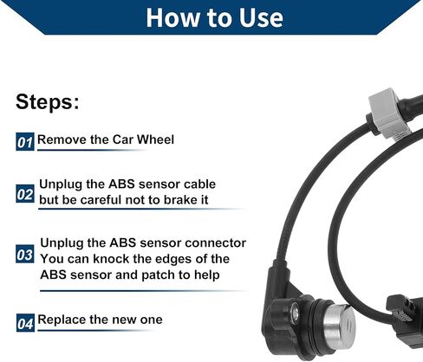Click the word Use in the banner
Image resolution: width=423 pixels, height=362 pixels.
point(261,18)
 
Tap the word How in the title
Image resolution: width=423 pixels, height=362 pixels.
point(172,18)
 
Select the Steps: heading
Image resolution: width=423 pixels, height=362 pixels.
point(48,102)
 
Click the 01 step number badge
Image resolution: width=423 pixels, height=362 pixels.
point(25,142)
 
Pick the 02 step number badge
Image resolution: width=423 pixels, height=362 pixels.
point(25,194)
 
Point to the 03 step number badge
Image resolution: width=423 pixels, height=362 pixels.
point(25,254)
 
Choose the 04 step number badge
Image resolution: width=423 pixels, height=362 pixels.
point(25,323)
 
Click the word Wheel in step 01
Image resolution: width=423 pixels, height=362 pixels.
point(155,139)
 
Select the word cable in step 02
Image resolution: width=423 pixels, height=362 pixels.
point(200,184)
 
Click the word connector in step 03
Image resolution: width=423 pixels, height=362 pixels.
point(216,243)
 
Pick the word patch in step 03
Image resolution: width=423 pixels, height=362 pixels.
point(159,275)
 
